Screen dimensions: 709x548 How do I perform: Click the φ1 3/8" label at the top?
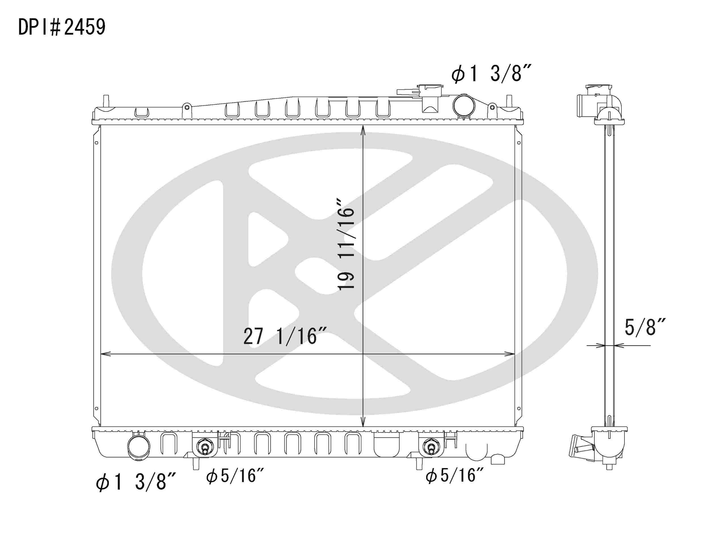point(491,74)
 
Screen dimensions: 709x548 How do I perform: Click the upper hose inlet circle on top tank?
point(464,106)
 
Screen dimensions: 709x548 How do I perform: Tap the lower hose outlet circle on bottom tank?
point(139,447)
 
